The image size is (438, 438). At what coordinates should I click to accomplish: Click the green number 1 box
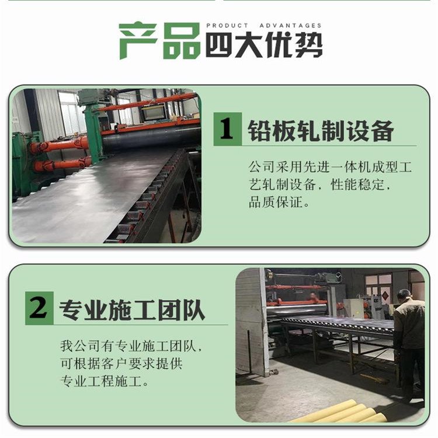coord(227,129)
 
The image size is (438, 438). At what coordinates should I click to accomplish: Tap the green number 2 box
coord(39,308)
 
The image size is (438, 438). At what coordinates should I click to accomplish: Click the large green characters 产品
coord(159,40)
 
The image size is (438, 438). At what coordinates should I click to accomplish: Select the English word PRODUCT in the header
coord(227,26)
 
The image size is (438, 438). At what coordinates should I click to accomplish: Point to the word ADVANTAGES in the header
coord(290,26)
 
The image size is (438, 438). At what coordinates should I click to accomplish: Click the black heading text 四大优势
coord(264,45)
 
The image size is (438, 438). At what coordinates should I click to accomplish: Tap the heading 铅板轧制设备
coord(321,131)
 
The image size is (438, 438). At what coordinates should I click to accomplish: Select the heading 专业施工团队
coord(132,310)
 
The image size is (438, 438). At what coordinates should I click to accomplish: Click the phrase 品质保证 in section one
coord(276,202)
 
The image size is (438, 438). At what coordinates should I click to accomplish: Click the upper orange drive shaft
coord(59,145)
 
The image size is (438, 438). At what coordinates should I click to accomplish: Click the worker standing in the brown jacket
coord(408,343)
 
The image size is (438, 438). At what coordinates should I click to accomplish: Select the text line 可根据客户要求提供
coord(121,364)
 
